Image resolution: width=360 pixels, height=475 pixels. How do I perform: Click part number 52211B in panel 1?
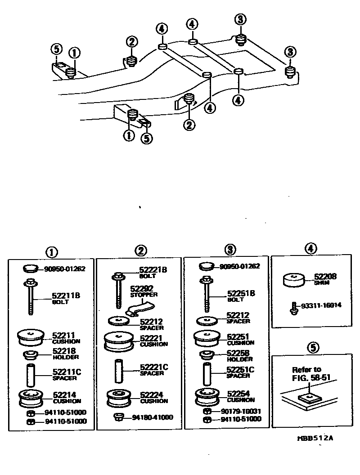tap(67, 296)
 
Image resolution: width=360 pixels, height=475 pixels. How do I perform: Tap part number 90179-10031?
tap(240, 411)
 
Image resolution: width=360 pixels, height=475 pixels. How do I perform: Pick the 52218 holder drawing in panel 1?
tap(31, 355)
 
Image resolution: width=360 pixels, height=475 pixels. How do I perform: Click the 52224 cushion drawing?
tap(119, 398)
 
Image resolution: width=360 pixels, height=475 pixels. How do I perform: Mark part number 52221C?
tap(154, 367)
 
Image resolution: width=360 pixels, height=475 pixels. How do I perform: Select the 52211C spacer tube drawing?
tap(31, 376)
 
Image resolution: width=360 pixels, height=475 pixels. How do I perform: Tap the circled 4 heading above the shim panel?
tap(311, 248)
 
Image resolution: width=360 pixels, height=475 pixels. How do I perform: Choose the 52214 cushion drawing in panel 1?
tap(31, 398)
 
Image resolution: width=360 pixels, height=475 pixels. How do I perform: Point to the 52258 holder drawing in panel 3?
tap(207, 355)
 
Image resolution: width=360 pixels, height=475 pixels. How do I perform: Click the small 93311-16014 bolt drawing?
tap(292, 309)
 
